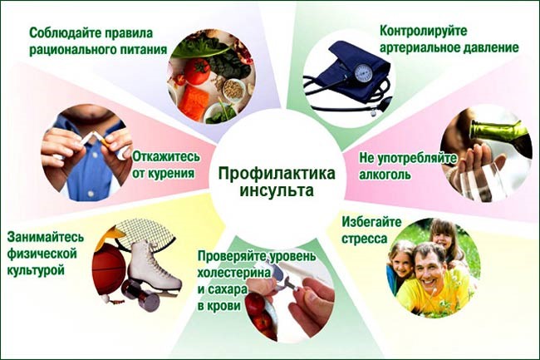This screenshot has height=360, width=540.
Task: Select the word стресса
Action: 363,238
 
